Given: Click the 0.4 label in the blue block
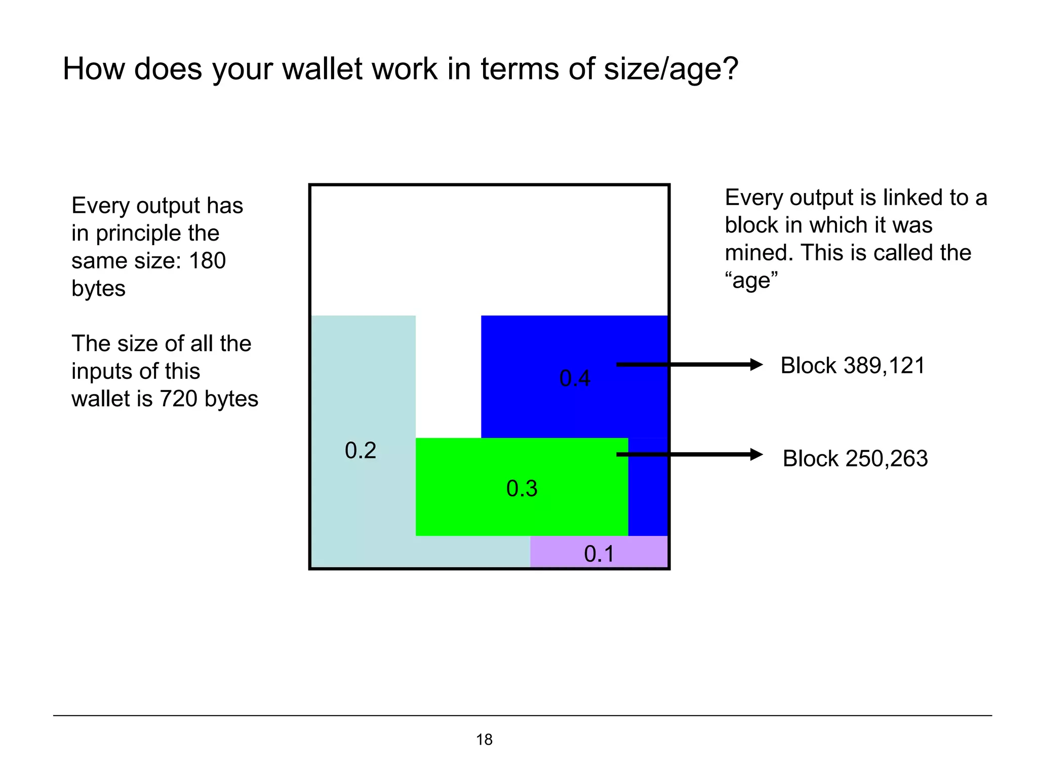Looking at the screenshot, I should (575, 378).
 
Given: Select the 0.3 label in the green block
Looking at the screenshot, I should (522, 488).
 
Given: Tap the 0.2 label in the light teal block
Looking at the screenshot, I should (361, 450).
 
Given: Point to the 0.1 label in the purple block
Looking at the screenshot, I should (599, 554).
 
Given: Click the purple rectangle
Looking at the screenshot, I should (557, 552).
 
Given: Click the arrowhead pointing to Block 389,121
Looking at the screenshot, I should (756, 365).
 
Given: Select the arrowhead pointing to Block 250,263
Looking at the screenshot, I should (756, 454).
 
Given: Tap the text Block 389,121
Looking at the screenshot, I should (853, 366).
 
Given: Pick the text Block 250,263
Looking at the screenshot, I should (855, 458).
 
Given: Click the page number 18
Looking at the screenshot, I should (484, 740).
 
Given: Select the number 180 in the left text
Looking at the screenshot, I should (207, 261).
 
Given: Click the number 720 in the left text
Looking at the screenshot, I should (179, 399).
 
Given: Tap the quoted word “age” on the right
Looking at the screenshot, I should (751, 280).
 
